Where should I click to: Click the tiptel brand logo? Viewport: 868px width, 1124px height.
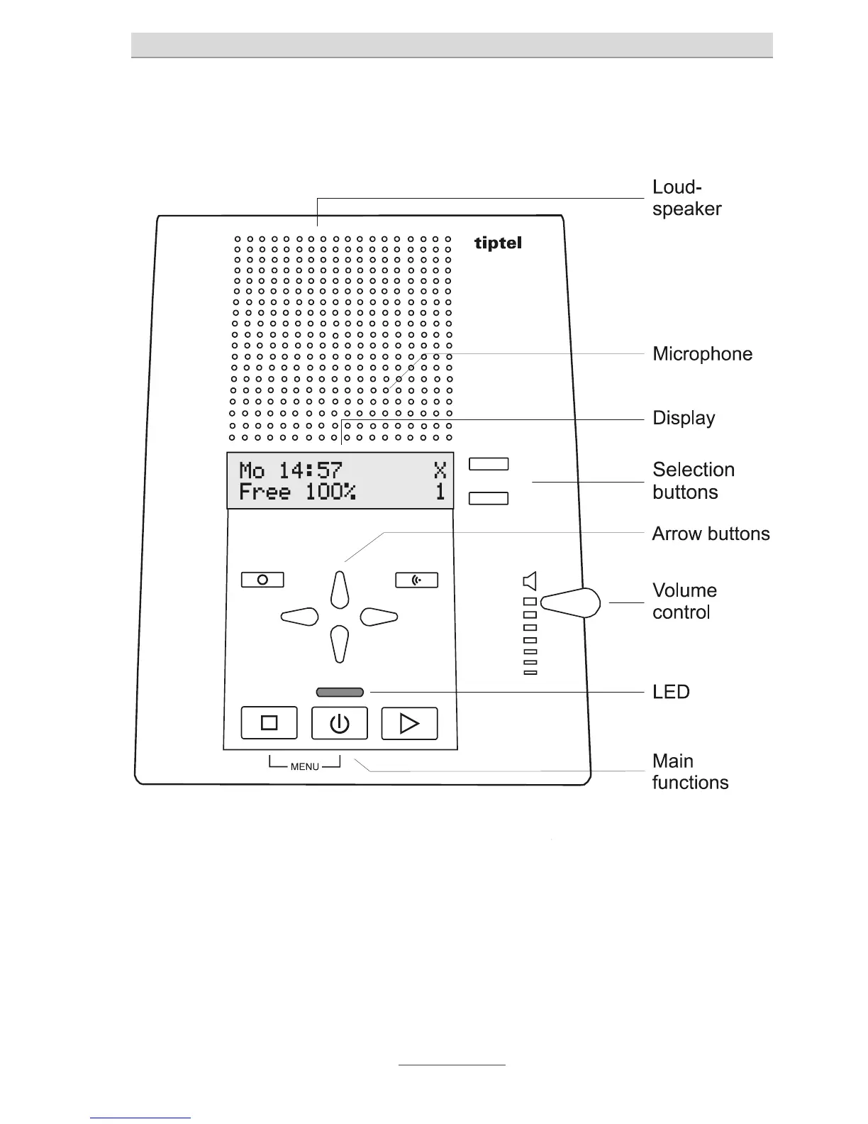(498, 243)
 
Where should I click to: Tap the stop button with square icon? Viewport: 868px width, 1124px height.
(269, 723)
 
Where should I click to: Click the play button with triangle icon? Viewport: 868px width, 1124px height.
(409, 723)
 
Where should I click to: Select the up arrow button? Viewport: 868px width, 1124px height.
(340, 589)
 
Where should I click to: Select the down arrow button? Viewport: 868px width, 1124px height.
(340, 644)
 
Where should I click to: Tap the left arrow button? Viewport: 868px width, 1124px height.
(300, 616)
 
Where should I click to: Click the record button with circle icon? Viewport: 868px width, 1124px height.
(262, 580)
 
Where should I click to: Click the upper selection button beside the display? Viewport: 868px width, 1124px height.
(489, 464)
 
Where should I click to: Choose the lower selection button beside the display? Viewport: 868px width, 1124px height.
(489, 497)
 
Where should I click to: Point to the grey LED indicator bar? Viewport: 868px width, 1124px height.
(340, 692)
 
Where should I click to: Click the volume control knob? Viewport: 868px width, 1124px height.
(572, 603)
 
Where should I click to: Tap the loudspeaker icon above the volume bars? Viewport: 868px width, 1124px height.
(530, 582)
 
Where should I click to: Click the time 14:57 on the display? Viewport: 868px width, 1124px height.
(310, 470)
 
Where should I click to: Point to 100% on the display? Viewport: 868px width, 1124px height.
(330, 492)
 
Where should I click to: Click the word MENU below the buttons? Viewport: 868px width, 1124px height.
(305, 766)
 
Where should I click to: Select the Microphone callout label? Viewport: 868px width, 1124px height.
(702, 353)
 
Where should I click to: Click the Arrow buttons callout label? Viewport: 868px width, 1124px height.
(711, 534)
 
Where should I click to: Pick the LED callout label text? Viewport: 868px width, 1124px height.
(671, 692)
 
